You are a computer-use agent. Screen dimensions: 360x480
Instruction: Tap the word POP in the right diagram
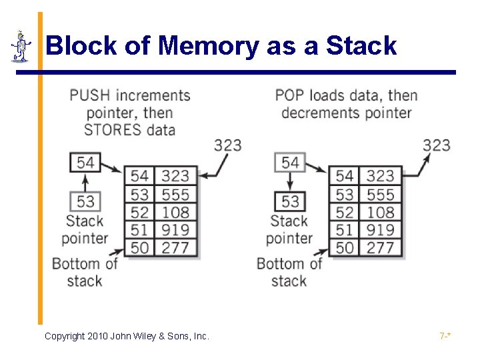[x=289, y=95]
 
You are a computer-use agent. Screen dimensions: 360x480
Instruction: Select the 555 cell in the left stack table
[x=175, y=195]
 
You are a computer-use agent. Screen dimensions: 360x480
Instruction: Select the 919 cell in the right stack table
[x=380, y=230]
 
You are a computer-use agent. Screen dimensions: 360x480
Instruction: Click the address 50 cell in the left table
[x=139, y=247]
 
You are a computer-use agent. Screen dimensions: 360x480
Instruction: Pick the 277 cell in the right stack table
[x=380, y=247]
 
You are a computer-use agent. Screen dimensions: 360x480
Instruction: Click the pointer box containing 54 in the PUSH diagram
[x=85, y=162]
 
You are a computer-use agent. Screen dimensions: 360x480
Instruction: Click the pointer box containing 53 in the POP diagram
[x=290, y=201]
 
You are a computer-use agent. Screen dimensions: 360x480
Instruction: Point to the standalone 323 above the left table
[x=227, y=145]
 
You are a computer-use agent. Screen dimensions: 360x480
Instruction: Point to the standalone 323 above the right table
[x=436, y=145]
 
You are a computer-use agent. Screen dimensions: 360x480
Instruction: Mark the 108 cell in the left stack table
[x=175, y=212]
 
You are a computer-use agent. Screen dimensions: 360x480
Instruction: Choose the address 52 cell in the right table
[x=344, y=212]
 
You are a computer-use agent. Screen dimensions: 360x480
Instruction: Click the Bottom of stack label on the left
[x=84, y=271]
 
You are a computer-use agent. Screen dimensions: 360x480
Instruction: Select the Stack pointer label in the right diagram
[x=289, y=229]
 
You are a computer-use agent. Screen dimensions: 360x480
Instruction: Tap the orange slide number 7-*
[x=445, y=336]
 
